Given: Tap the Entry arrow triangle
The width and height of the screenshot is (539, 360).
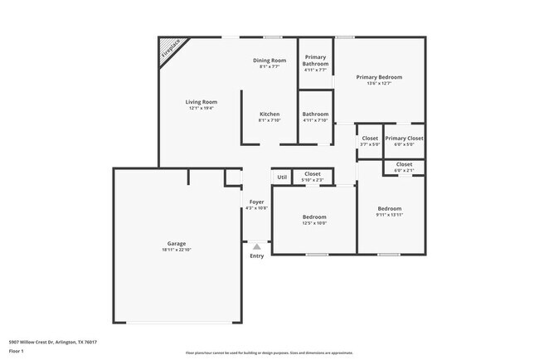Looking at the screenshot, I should coord(257,246).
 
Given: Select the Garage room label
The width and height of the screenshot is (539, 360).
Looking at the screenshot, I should coord(177,243).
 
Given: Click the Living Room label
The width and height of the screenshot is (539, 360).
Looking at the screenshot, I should coord(201,101).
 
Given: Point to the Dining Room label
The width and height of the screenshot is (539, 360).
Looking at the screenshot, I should coord(269,60).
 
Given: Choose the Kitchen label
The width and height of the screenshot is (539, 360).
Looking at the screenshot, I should coord(269,114).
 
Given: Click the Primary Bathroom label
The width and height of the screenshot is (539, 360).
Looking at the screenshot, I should coord(315,61).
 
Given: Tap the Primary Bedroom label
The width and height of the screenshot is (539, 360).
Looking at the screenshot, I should coord(379,77).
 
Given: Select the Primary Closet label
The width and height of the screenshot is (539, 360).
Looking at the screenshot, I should coord(404,138).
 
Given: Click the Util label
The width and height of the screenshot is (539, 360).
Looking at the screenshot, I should coord(282,177).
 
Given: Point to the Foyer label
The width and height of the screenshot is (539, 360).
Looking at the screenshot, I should coord(257,201).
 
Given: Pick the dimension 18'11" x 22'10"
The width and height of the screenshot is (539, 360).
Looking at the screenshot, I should coord(177,250).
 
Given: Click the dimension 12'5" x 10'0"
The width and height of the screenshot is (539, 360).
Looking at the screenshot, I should coord(314,223).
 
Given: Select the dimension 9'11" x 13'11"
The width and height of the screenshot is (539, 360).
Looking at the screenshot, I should coord(390,215).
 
